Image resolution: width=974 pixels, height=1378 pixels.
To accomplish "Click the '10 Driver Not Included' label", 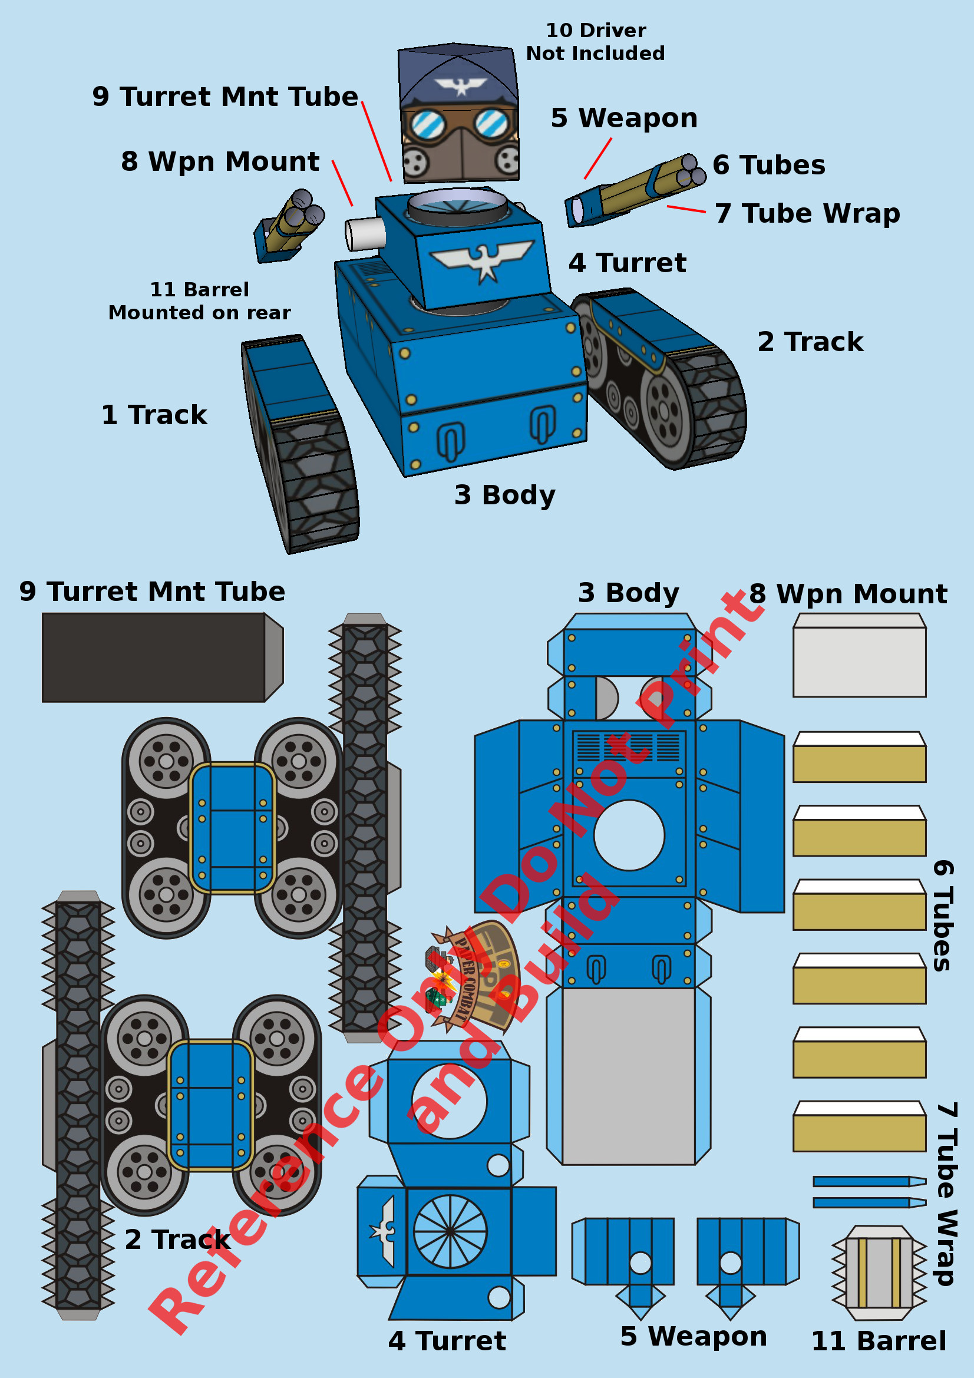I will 595,42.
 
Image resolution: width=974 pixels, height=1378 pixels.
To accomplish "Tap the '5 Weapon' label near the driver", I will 624,118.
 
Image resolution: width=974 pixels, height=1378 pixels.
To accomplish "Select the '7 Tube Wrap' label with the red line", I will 807,214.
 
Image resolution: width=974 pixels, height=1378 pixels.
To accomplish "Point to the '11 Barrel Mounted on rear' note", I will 199,301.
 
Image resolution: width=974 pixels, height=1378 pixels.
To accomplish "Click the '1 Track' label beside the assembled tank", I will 154,415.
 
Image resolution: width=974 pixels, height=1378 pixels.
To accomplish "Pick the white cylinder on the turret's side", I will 364,233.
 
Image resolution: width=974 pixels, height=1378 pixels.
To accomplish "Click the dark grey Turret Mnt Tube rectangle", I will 154,657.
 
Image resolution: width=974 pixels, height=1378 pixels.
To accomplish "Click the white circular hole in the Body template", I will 629,835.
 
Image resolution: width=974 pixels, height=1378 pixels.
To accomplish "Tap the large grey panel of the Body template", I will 628,1078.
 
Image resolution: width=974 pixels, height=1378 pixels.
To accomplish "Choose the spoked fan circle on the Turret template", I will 450,1231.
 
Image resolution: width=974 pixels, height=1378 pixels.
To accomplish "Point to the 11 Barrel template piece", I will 879,1274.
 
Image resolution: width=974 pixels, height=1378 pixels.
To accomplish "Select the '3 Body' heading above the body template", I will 628,593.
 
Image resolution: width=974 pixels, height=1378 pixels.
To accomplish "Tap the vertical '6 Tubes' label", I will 942,916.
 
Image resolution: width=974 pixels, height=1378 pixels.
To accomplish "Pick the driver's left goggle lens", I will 427,124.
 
